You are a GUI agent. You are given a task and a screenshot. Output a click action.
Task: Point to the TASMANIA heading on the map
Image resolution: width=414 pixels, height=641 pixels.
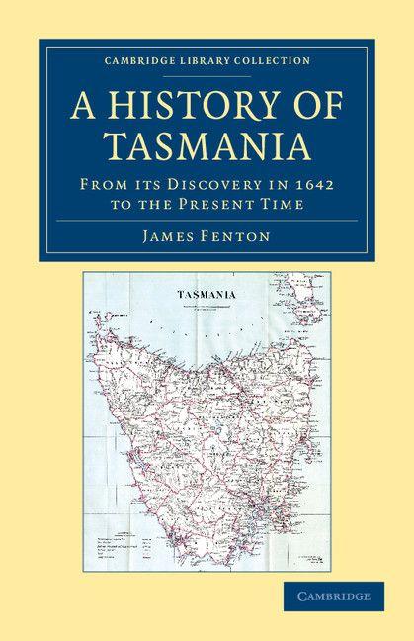205,296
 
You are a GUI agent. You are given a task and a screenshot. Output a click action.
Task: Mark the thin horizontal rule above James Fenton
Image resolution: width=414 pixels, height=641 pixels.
206,220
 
